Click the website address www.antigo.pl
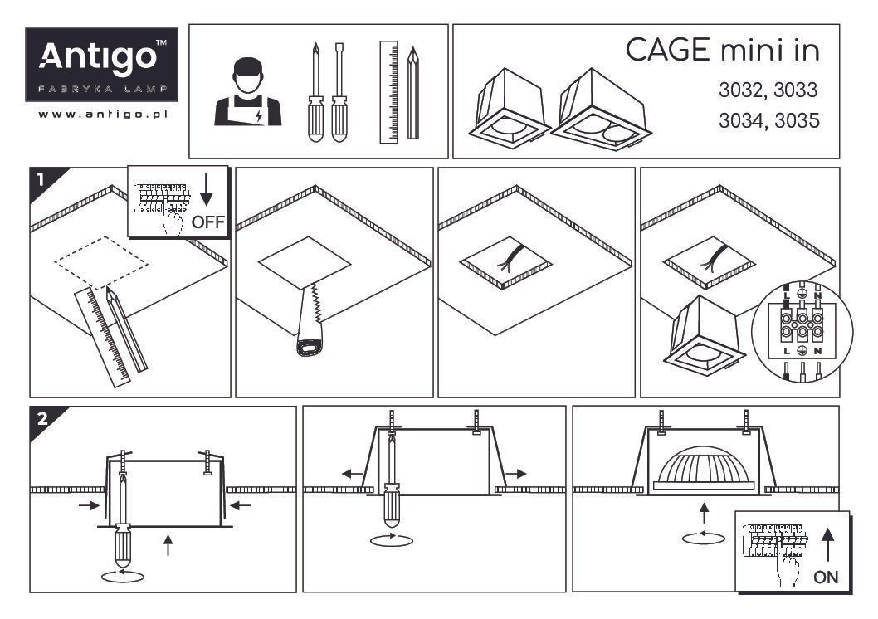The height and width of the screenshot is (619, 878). pos(103,115)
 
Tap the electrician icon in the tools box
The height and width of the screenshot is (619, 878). pos(248,92)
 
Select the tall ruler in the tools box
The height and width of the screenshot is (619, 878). pos(388,92)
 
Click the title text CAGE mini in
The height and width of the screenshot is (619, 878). pos(722,50)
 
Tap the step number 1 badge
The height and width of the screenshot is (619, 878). pos(41,179)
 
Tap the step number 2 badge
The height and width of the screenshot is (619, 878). pos(42,418)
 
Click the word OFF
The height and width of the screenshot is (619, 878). pos(207,222)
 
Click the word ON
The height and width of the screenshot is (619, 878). pos(826,577)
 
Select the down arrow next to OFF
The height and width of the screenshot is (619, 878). pos(207,189)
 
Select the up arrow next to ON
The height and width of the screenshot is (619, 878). pos(827,545)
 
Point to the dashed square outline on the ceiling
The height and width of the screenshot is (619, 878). pos(101,262)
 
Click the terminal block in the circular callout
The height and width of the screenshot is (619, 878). pos(802,324)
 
